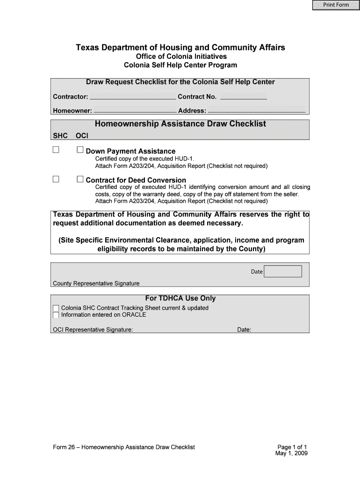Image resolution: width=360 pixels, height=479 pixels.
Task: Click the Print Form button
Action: pyautogui.click(x=333, y=5)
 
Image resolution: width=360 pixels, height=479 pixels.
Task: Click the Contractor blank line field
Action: pyautogui.click(x=132, y=97)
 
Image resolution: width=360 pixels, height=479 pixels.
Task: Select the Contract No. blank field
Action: pyautogui.click(x=243, y=97)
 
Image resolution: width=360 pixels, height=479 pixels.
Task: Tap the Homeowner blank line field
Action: pyautogui.click(x=135, y=111)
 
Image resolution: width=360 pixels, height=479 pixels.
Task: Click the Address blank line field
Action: pyautogui.click(x=256, y=111)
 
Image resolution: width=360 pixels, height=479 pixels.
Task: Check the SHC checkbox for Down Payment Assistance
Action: pyautogui.click(x=56, y=150)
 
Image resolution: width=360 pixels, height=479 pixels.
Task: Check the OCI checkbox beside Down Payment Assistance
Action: pyautogui.click(x=80, y=150)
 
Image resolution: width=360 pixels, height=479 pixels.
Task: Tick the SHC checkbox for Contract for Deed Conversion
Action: pyautogui.click(x=56, y=179)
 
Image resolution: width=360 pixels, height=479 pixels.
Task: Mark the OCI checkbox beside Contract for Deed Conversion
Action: pyautogui.click(x=80, y=179)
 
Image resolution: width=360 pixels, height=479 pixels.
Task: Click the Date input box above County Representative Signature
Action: pyautogui.click(x=283, y=271)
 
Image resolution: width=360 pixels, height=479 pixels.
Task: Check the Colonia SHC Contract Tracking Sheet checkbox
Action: pyautogui.click(x=56, y=308)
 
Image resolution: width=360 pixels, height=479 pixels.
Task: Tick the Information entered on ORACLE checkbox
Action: pyautogui.click(x=56, y=315)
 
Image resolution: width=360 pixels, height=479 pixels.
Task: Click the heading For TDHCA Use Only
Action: pyautogui.click(x=180, y=298)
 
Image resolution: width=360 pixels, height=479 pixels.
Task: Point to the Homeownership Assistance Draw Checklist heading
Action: pyautogui.click(x=180, y=124)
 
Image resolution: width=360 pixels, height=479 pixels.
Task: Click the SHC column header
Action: pyautogui.click(x=60, y=136)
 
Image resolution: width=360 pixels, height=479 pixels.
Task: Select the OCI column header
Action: pyautogui.click(x=82, y=136)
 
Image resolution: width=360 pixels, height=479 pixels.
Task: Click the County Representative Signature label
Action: pyautogui.click(x=96, y=283)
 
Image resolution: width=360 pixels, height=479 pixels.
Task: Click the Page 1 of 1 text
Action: pyautogui.click(x=292, y=447)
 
